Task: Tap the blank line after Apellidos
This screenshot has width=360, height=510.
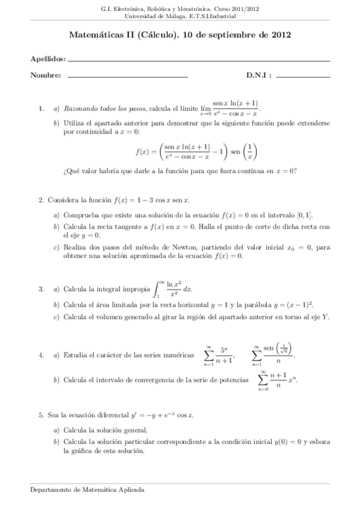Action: point(199,61)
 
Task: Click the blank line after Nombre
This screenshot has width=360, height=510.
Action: point(127,76)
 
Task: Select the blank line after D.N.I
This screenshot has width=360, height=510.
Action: point(304,76)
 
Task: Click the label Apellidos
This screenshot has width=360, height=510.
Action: point(47,59)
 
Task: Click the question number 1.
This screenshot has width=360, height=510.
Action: point(40,109)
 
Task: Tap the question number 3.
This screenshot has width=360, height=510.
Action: point(40,289)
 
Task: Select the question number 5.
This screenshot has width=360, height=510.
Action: point(40,415)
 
